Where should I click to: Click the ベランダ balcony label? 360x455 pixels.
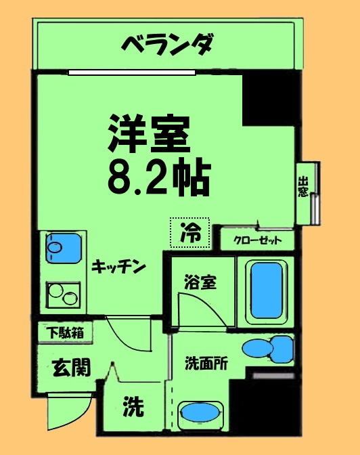point(168,45)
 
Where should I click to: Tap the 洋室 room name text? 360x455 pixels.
point(149,134)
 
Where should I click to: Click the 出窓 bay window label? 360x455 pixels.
point(303,187)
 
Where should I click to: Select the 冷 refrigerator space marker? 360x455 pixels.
point(190,233)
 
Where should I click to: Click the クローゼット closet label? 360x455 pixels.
point(257,240)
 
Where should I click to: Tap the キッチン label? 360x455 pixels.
point(118,267)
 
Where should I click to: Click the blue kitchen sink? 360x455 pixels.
point(64,248)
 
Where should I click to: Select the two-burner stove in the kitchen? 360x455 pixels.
point(63,295)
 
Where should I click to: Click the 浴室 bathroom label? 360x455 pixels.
point(200,282)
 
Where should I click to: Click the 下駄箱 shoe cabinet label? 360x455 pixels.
point(66,333)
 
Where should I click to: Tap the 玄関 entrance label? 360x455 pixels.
point(71,368)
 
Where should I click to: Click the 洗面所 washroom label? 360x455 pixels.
point(206,363)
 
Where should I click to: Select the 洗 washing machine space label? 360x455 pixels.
point(133,407)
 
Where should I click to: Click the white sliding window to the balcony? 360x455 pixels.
point(132,72)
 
